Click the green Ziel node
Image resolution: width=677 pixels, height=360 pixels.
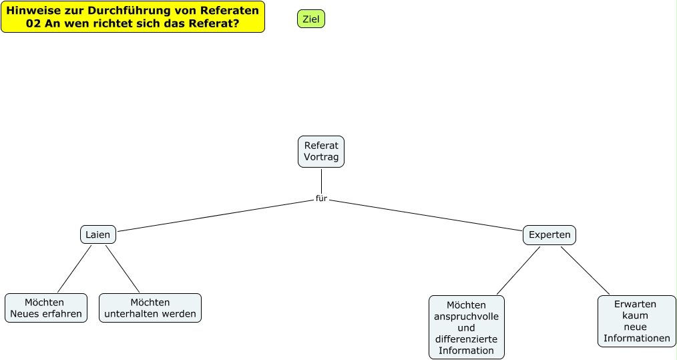click(310, 19)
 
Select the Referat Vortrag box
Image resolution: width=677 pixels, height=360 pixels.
click(321, 152)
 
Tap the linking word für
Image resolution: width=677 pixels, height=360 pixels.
click(321, 198)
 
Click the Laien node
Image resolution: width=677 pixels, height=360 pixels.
click(97, 234)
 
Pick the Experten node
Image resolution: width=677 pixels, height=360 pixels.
click(549, 234)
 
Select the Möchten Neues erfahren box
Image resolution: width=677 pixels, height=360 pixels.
click(45, 308)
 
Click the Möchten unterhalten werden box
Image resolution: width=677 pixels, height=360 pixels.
click(150, 308)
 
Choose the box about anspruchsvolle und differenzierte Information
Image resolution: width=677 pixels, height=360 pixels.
click(466, 327)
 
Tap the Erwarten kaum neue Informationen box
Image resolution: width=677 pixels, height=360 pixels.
click(636, 321)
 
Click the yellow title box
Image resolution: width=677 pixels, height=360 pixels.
click(132, 17)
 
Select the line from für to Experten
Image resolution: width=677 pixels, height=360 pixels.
click(427, 215)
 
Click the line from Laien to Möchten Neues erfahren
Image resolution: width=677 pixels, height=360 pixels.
click(74, 268)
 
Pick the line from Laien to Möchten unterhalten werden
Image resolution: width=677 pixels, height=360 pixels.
click(122, 268)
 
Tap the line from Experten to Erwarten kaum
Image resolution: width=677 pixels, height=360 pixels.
click(585, 271)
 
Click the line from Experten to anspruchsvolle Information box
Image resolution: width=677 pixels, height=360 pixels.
click(518, 271)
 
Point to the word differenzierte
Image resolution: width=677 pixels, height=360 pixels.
click(466, 339)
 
